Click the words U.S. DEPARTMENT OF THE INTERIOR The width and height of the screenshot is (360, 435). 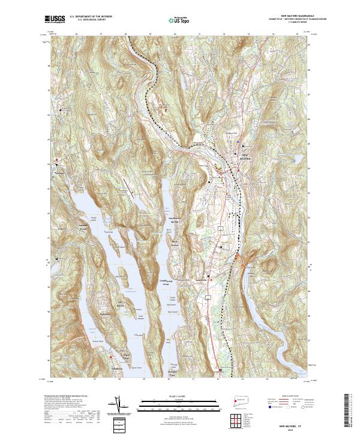coord(91,17)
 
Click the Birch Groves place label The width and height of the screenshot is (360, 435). coord(175,242)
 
